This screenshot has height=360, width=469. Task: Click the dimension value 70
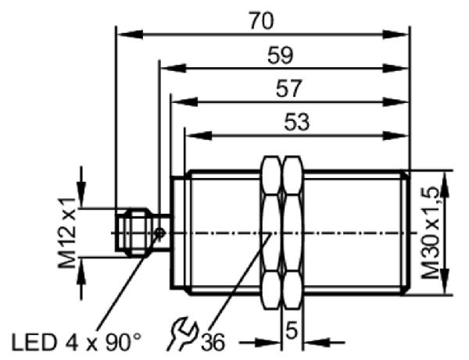pos(261,21)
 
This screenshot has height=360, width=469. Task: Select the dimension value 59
pos(281,55)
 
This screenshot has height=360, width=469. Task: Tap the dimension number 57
pos(288,88)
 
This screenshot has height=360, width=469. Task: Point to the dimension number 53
pos(296,122)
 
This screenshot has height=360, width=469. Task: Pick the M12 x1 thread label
pos(67,233)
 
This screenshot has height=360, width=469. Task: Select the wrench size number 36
pos(213,342)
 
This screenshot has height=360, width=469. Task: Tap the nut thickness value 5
pos(292,330)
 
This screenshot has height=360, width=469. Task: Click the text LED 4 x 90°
pos(77,342)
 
